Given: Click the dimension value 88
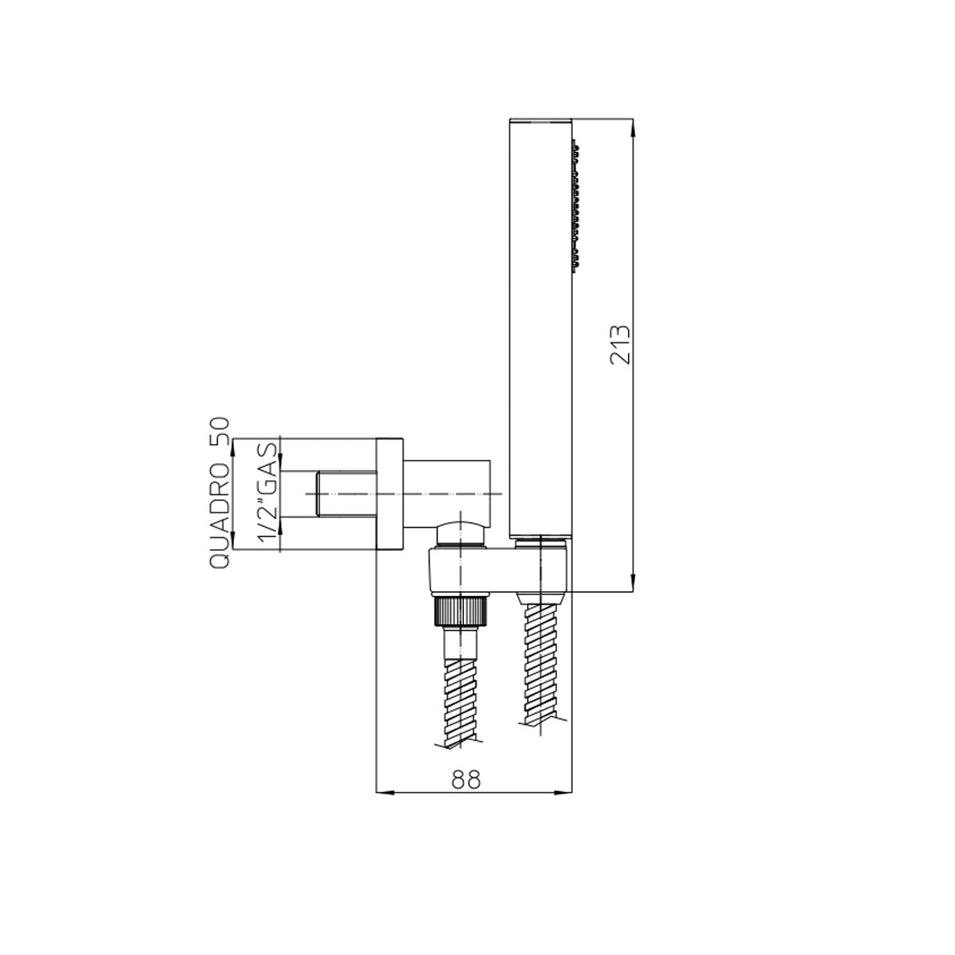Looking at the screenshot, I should pyautogui.click(x=466, y=780).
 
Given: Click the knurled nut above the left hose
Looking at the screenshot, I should pyautogui.click(x=460, y=613).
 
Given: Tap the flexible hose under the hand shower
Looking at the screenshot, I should pyautogui.click(x=542, y=661).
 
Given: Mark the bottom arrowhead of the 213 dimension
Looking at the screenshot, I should pyautogui.click(x=633, y=585).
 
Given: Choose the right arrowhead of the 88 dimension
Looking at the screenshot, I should pyautogui.click(x=565, y=791).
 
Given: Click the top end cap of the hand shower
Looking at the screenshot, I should pyautogui.click(x=540, y=123).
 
